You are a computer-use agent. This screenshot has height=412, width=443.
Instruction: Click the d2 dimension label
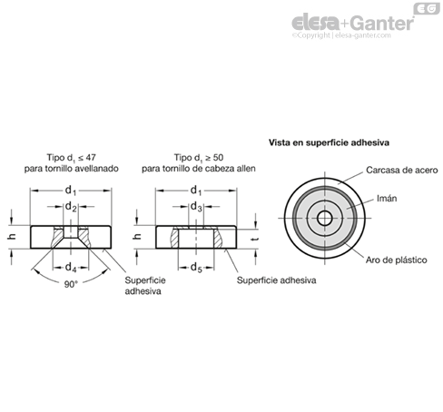(x=71, y=207)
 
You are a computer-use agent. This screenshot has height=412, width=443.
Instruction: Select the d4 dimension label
(x=71, y=268)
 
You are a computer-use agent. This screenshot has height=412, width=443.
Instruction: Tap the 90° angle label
(x=71, y=284)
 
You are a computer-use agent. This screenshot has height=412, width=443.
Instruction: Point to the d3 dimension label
(x=196, y=207)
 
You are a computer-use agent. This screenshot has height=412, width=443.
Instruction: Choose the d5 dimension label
(x=196, y=268)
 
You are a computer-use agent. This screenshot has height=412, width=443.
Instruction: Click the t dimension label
(x=255, y=239)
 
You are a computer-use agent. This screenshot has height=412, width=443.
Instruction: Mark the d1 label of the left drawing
(x=71, y=191)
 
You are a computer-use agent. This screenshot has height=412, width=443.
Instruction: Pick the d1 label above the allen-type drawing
(x=196, y=191)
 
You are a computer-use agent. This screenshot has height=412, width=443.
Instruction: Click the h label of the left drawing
(x=12, y=237)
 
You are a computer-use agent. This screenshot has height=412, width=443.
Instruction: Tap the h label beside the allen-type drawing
(x=137, y=237)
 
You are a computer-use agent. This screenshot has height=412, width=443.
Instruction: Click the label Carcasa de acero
(x=402, y=170)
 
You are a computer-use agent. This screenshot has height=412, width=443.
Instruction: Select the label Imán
(x=387, y=199)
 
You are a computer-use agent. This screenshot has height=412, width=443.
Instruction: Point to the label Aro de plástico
(x=396, y=260)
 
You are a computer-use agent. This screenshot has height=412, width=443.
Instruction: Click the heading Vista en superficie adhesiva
(x=329, y=142)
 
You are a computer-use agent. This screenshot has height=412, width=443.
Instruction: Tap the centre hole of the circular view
(x=325, y=218)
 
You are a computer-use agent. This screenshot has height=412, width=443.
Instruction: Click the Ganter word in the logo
(x=383, y=23)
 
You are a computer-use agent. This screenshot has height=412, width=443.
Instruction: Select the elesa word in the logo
(x=315, y=23)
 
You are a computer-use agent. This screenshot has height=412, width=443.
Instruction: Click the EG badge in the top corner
(x=427, y=8)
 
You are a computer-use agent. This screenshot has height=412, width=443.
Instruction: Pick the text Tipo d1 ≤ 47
(x=72, y=158)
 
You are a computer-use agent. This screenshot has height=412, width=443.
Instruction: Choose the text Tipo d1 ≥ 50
(x=199, y=158)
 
